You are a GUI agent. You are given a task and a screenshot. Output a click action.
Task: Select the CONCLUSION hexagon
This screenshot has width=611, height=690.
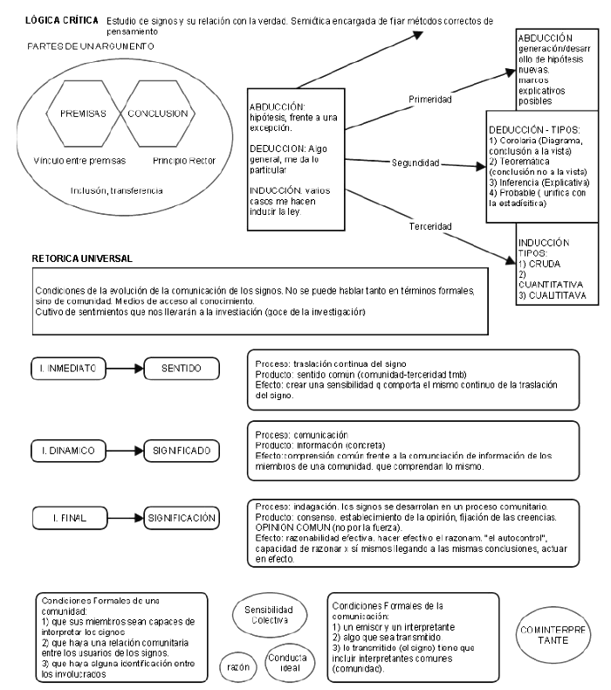click(158, 114)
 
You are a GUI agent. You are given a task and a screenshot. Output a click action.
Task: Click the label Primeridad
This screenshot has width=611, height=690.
click(429, 100)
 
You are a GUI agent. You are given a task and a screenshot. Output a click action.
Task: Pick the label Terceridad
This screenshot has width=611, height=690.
click(429, 225)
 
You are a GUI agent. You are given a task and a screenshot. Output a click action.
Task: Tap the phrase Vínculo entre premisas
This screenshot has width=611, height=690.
click(75, 160)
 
